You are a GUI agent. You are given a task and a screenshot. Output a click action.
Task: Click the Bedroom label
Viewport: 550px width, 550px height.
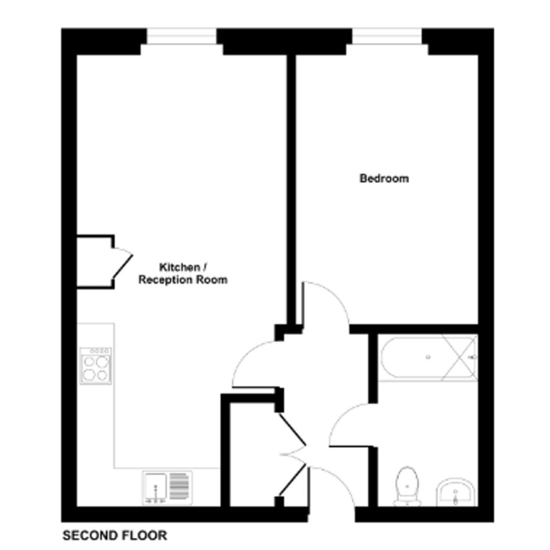pos(384,178)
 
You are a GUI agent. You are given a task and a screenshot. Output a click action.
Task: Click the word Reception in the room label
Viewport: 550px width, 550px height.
pos(165,280)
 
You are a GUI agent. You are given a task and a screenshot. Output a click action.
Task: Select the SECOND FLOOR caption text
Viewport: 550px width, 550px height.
pos(115,535)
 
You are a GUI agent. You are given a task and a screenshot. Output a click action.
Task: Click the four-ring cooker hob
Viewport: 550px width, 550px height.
pos(95,366)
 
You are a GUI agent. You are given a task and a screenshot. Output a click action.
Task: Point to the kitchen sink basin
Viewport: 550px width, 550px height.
pos(155,487)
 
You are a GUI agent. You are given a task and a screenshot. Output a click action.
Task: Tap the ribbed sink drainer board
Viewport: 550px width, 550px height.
pos(179,486)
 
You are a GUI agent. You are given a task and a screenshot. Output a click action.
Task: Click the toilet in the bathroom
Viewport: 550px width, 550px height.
pos(407,486)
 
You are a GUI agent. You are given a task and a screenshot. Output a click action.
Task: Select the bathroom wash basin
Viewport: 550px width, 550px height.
pos(455,492)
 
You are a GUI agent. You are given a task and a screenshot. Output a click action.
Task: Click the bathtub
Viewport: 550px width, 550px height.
pos(428,358)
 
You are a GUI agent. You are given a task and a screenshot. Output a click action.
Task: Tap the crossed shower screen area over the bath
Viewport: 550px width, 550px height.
pos(460,358)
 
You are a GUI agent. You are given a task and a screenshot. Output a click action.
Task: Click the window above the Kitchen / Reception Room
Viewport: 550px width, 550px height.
pos(182,36)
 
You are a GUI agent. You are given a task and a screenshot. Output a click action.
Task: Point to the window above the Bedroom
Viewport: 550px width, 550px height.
pos(387,36)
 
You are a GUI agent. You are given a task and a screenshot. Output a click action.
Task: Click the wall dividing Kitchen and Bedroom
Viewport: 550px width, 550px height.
pos(291,189)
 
